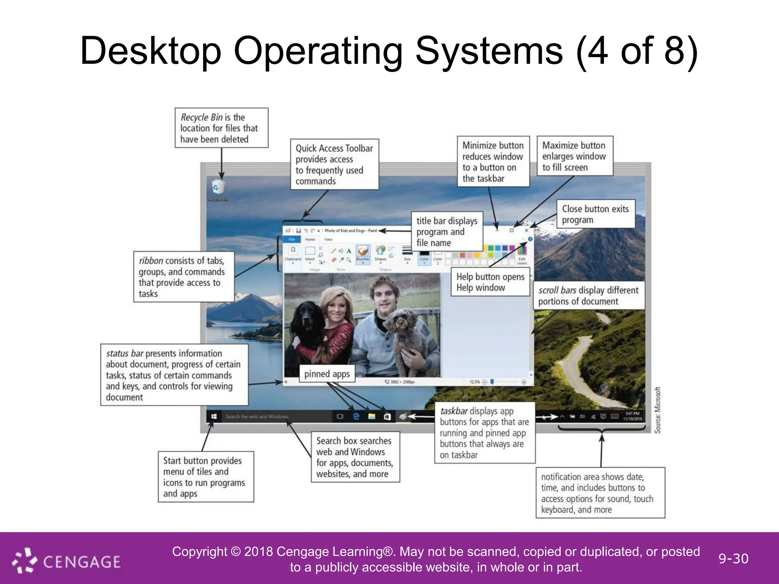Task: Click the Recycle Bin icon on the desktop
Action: (218, 188)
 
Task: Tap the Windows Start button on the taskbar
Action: (214, 417)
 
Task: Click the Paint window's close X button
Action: (526, 230)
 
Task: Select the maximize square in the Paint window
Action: (512, 230)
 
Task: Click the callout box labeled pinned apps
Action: (327, 374)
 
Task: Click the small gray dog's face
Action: (400, 323)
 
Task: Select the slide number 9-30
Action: (733, 559)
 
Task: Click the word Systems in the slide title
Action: (488, 51)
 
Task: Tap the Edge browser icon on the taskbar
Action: (356, 417)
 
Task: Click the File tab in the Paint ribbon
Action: (292, 240)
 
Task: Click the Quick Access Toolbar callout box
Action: (334, 164)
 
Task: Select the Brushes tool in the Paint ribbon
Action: (363, 253)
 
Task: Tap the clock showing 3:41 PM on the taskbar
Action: (632, 416)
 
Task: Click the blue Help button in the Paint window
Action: (530, 239)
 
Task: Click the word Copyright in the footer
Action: (199, 552)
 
